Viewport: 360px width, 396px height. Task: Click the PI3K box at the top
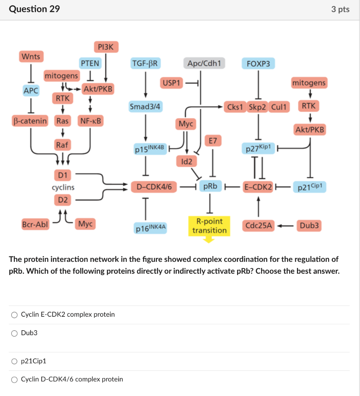pos(105,47)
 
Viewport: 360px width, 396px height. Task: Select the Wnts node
pos(31,56)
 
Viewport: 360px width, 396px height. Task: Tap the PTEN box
pos(90,63)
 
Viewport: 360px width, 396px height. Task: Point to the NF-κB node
pos(91,121)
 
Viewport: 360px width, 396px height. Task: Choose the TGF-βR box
pos(146,63)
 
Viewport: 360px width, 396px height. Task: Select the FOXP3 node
pos(258,63)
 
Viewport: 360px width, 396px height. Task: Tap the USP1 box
pos(171,83)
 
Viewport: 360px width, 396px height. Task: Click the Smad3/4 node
pos(146,106)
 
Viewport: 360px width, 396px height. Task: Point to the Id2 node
pos(186,161)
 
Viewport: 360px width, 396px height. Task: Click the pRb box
pos(210,187)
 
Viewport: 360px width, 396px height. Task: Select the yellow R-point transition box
pos(209,226)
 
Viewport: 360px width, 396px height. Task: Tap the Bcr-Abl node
pos(35,224)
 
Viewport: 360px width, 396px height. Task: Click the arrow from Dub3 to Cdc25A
pos(285,225)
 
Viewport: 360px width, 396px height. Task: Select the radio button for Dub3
pos(14,333)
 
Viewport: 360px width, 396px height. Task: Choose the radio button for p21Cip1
pos(14,361)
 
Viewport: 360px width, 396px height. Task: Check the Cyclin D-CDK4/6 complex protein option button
pos(14,379)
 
